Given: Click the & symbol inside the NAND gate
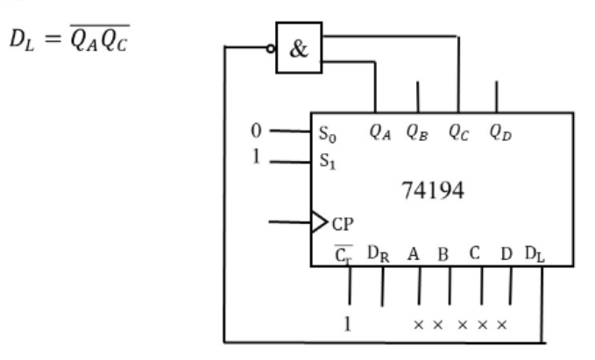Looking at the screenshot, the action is (x=299, y=49).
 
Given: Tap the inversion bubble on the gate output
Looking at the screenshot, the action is (x=271, y=48).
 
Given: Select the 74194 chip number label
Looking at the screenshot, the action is (x=433, y=190).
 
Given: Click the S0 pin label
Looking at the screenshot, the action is (x=328, y=134).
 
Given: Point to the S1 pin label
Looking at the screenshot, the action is (x=328, y=161).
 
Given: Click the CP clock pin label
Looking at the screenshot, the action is (x=343, y=224).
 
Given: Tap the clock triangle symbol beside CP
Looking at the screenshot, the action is (x=319, y=222).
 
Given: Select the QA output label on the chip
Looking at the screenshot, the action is (x=379, y=133).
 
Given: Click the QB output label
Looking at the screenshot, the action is (x=417, y=133).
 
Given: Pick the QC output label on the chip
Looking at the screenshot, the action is (x=459, y=133).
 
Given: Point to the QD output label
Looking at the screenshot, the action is (x=500, y=133).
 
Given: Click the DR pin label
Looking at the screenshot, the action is (x=379, y=254).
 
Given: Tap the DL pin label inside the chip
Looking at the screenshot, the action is (x=535, y=254).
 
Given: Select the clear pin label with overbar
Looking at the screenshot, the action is (x=344, y=254).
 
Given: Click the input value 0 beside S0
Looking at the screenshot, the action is (x=256, y=131).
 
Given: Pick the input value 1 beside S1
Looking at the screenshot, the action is (x=257, y=156).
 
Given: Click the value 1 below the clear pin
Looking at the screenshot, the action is (x=347, y=324).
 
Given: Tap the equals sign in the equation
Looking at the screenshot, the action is (x=53, y=39).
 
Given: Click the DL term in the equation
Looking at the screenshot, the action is (x=22, y=39).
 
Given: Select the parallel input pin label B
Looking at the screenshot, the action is (x=443, y=255).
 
